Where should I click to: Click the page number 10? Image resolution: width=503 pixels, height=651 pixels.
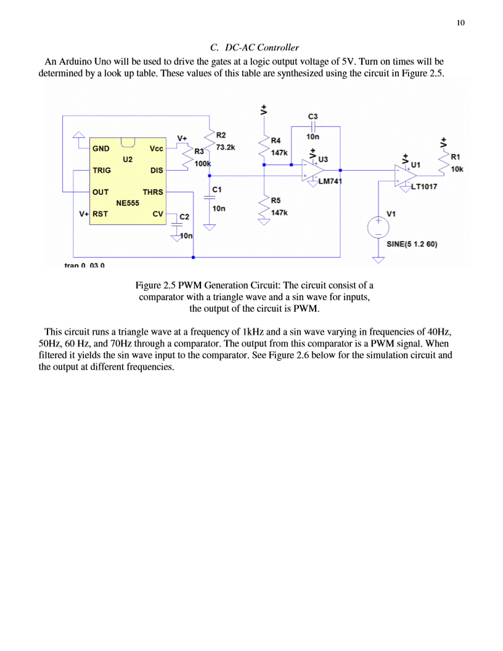click(x=460, y=23)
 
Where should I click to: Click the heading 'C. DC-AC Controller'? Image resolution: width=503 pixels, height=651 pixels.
click(x=255, y=47)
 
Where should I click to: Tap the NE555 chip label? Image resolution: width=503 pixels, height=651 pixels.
click(x=128, y=202)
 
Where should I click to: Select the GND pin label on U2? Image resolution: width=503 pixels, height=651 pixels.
click(x=100, y=149)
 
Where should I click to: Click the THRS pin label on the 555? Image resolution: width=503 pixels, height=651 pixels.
click(x=153, y=192)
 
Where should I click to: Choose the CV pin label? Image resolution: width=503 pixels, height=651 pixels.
click(x=158, y=214)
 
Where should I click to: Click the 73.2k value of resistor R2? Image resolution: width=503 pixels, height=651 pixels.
click(x=226, y=148)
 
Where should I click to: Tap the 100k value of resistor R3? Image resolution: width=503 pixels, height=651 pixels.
click(x=203, y=164)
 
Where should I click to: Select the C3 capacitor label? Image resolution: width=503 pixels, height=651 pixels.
click(x=313, y=117)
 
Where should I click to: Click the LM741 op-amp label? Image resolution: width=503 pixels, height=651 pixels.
click(x=330, y=181)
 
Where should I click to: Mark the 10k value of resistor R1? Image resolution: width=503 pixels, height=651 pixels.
click(x=457, y=169)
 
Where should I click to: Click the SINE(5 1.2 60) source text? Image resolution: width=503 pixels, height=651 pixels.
click(x=412, y=244)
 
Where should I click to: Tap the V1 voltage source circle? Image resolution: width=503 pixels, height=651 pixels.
click(x=378, y=226)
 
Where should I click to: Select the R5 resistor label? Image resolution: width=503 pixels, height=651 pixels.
click(x=276, y=200)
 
